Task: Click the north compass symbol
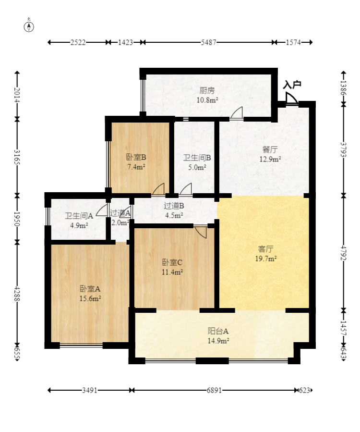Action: tap(29, 25)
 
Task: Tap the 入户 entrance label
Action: tap(292, 85)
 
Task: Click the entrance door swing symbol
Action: tap(292, 98)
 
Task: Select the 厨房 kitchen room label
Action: tap(207, 90)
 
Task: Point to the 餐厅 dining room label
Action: tap(270, 149)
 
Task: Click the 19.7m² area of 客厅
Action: tap(266, 259)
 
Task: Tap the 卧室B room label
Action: tap(136, 157)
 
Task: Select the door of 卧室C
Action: tap(200, 232)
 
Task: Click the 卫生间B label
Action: tap(197, 158)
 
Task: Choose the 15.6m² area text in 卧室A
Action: tap(90, 298)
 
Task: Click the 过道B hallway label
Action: tap(174, 206)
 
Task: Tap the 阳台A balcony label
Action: tap(218, 331)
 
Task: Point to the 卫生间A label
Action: tap(79, 216)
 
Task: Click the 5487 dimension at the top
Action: tap(208, 42)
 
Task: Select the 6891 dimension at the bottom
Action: tap(214, 390)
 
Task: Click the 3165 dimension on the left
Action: tap(17, 157)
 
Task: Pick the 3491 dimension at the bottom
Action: tap(90, 390)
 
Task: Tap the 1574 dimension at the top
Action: tap(293, 42)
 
